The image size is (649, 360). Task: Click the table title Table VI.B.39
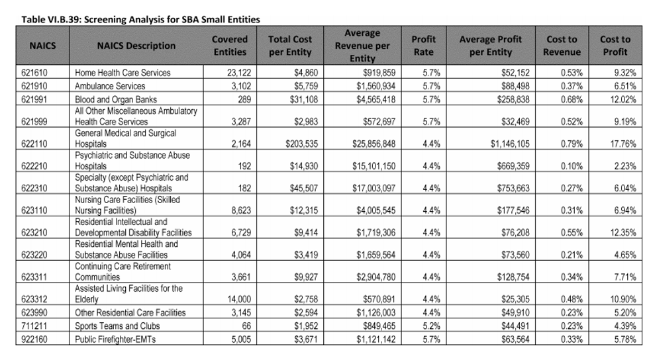coord(140,19)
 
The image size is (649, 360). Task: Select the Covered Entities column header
coord(230,46)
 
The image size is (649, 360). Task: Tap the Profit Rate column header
coord(423,46)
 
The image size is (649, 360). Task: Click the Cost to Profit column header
coord(615,46)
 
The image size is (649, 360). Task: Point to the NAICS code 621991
coord(34,100)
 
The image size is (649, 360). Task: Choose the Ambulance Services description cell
coord(110,86)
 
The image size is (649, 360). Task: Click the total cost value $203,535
coord(302,144)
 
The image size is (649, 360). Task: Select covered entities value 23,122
coord(239,73)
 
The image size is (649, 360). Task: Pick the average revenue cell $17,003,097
coord(374,189)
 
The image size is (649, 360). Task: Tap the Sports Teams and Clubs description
coord(117,326)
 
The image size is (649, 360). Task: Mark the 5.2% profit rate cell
coord(431,326)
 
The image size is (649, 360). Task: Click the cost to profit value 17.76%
coord(623,144)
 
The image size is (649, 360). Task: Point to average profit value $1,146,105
coord(510,144)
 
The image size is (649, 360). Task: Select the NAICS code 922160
coord(34,339)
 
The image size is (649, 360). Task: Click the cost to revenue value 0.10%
coord(572,166)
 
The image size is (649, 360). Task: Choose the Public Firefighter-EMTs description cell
coord(115,339)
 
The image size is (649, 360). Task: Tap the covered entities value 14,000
coord(239,299)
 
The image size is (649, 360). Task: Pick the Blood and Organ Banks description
coord(116,100)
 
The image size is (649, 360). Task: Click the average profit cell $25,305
coord(515,299)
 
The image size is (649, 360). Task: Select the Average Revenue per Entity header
coord(362,46)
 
